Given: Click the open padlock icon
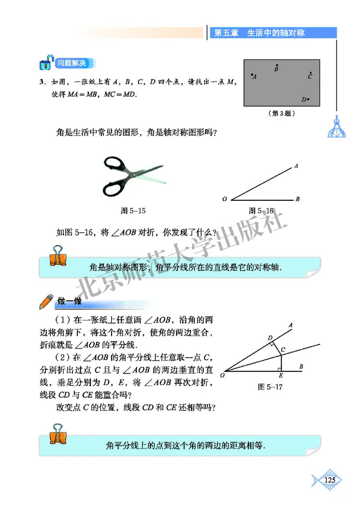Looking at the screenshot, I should tap(45, 63).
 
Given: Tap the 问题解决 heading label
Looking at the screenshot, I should tap(71, 63).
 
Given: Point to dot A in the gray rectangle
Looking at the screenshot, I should tap(252, 75).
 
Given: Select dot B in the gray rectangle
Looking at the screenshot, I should tap(277, 65).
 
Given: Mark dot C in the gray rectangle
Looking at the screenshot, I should tap(310, 73).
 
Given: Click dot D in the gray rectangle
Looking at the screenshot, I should tap(308, 99).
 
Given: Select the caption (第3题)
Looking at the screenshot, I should tap(282, 114).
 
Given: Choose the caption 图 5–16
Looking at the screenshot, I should tap(261, 210).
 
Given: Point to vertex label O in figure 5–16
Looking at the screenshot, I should tap(225, 199).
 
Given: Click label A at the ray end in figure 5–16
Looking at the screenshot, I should tap(297, 166).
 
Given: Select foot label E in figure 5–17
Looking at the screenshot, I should tap(281, 375).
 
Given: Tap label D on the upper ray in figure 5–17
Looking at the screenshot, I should tap(270, 337).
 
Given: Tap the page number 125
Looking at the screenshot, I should tap(329, 480).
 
